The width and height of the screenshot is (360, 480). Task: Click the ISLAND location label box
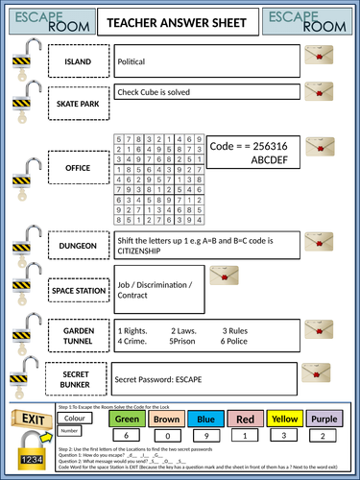point(79,62)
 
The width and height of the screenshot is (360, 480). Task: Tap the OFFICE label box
point(79,167)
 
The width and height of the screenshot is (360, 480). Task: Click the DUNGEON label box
point(79,246)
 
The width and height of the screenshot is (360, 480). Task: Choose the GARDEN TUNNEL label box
point(79,333)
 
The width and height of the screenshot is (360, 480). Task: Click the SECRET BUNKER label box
point(79,379)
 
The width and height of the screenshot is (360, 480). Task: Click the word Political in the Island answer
point(132,61)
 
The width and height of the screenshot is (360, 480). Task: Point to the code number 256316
point(273,147)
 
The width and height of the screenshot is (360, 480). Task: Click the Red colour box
point(245,419)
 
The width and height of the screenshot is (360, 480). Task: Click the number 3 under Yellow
point(285,437)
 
